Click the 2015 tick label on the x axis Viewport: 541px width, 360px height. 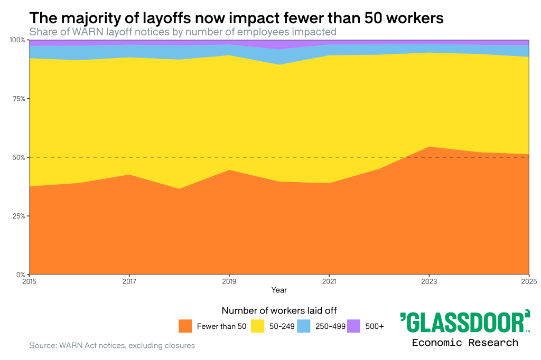click(30, 280)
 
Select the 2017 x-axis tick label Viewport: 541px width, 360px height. click(129, 280)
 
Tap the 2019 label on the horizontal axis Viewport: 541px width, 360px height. click(229, 280)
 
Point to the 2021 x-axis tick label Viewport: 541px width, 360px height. click(329, 280)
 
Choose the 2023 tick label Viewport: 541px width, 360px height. click(429, 280)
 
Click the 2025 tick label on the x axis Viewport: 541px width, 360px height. click(529, 280)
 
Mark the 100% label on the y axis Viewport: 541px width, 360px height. click(18, 40)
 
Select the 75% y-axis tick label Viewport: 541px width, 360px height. click(20, 99)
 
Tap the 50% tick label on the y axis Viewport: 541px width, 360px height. click(20, 157)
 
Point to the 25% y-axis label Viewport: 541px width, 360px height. click(20, 216)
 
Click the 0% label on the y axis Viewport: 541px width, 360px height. click(21, 274)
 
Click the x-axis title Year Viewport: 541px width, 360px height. click(279, 290)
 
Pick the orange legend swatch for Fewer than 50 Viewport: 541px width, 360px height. click(185, 326)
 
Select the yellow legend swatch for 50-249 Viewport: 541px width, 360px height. click(257, 326)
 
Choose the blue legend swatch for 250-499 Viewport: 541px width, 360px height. click(304, 326)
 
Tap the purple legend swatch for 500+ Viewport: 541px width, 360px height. click(353, 326)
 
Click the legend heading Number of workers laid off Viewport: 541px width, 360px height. click(279, 310)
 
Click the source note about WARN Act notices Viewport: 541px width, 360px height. click(112, 346)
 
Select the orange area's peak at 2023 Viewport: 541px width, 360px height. click(429, 147)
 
